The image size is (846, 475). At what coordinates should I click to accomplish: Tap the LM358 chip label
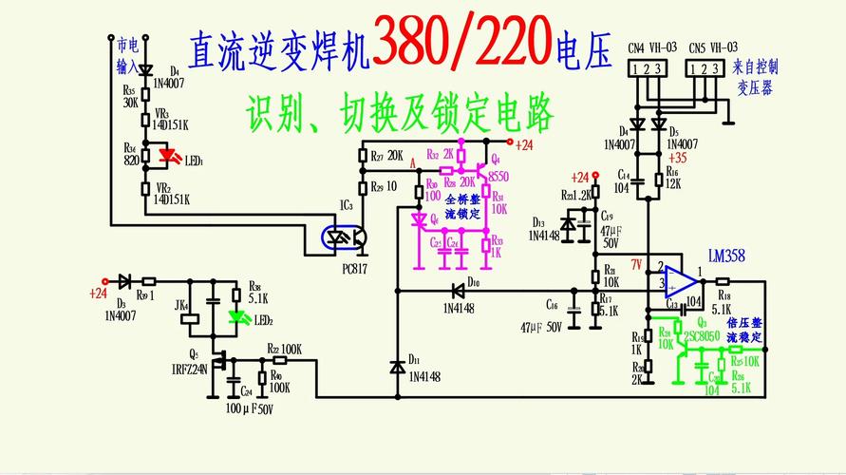[x=727, y=255]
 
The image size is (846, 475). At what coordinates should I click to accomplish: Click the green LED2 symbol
[x=235, y=317]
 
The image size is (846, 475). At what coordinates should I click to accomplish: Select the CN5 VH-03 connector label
[x=711, y=47]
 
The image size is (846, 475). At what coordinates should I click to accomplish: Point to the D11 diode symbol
[x=397, y=366]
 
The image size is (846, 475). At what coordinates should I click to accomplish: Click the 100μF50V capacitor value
[x=249, y=409]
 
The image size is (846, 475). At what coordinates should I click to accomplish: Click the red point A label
[x=412, y=163]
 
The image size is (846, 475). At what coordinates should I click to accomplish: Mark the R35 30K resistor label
[x=131, y=96]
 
